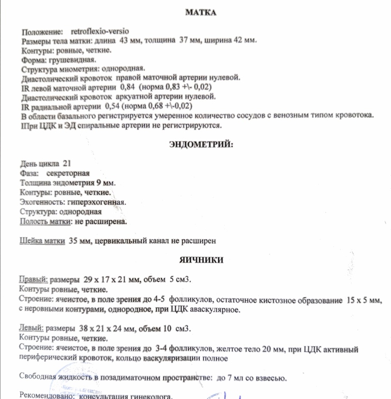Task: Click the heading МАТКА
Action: point(200,12)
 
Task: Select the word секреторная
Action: point(68,173)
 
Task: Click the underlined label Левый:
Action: point(32,329)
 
